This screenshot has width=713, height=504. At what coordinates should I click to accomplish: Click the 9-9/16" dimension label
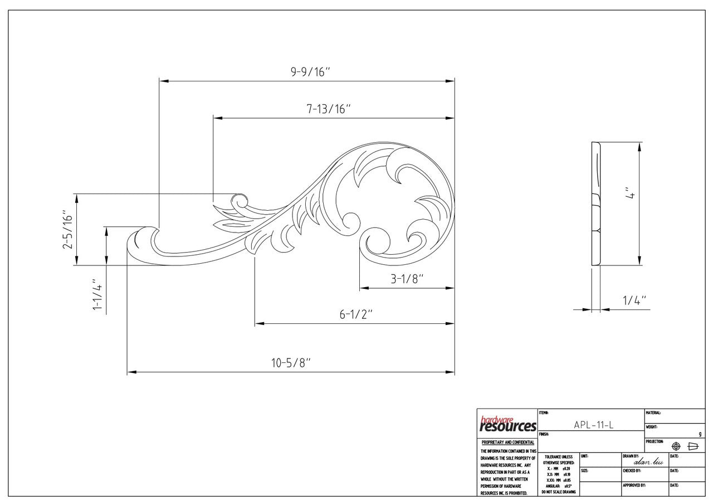point(310,72)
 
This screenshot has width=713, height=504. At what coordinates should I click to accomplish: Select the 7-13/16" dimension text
point(328,109)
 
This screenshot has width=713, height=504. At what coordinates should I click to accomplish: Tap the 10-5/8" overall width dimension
point(291,363)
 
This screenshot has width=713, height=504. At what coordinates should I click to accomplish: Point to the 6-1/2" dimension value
point(356,314)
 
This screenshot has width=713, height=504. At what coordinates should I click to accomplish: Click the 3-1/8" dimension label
point(407,279)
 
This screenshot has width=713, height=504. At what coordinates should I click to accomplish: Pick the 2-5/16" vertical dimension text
point(68,230)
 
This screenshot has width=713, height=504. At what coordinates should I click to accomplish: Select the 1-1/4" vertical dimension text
point(98,296)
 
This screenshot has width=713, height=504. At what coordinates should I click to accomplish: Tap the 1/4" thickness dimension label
point(634,301)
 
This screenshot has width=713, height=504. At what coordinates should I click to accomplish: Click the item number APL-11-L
point(593,425)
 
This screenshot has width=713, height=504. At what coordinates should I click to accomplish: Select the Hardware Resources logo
point(507,424)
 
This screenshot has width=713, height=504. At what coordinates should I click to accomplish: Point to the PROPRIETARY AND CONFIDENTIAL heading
point(507,443)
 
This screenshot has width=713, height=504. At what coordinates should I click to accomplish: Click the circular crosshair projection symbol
point(676,446)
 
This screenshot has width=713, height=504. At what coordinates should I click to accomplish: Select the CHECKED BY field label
point(632,471)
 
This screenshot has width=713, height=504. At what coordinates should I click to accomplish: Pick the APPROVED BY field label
point(634,486)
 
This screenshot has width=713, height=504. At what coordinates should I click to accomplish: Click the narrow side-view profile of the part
point(595,204)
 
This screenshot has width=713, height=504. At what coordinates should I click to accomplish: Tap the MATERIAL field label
point(653,413)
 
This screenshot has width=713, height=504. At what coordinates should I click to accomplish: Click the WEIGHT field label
point(652,427)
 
